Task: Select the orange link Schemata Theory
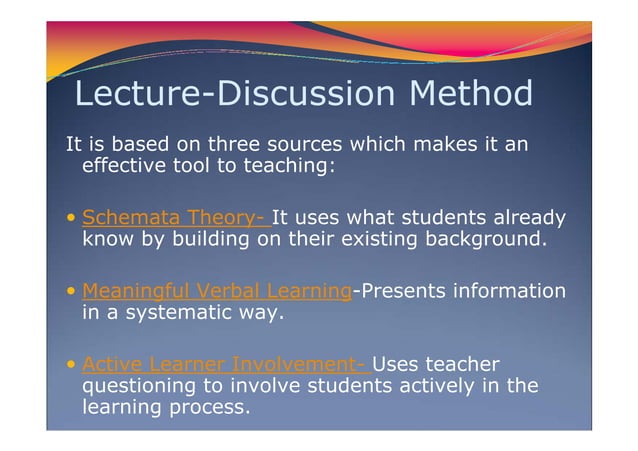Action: pyautogui.click(x=173, y=217)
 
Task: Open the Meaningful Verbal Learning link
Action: pyautogui.click(x=216, y=291)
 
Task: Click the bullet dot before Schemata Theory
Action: pyautogui.click(x=71, y=218)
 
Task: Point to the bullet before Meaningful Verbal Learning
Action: pyautogui.click(x=71, y=292)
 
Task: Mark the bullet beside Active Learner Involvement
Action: pyautogui.click(x=71, y=364)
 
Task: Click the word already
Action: pyautogui.click(x=526, y=217)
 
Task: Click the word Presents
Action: pyautogui.click(x=402, y=291)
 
